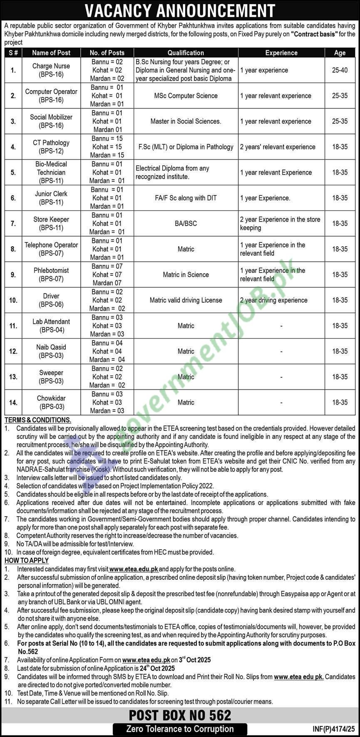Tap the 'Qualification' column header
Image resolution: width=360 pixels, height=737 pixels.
pyautogui.click(x=186, y=53)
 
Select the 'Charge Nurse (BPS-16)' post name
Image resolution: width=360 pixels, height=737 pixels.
pyautogui.click(x=51, y=70)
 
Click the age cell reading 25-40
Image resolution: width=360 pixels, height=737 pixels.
pyautogui.click(x=340, y=70)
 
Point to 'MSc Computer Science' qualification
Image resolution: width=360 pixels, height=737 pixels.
pyautogui.click(x=186, y=96)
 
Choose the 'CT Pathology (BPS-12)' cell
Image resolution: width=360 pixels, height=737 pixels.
pyautogui.click(x=51, y=147)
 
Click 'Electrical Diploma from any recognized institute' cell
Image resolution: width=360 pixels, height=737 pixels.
pyautogui.click(x=172, y=173)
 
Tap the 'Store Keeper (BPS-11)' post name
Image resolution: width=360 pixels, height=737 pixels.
pyautogui.click(x=51, y=223)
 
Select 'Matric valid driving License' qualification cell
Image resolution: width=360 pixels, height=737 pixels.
pyautogui.click(x=186, y=300)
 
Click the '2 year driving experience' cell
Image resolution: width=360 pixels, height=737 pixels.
pyautogui.click(x=273, y=300)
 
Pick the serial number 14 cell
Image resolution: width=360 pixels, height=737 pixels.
pyautogui.click(x=13, y=403)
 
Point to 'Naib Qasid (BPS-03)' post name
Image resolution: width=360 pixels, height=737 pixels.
pyautogui.click(x=51, y=351)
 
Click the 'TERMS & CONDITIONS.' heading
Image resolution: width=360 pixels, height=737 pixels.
pyautogui.click(x=38, y=420)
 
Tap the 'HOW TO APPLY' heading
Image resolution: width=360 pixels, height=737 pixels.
pyautogui.click(x=27, y=561)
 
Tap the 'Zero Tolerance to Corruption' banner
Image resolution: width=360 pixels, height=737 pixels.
pyautogui.click(x=180, y=729)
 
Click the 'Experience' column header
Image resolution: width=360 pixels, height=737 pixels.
pyautogui.click(x=281, y=53)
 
